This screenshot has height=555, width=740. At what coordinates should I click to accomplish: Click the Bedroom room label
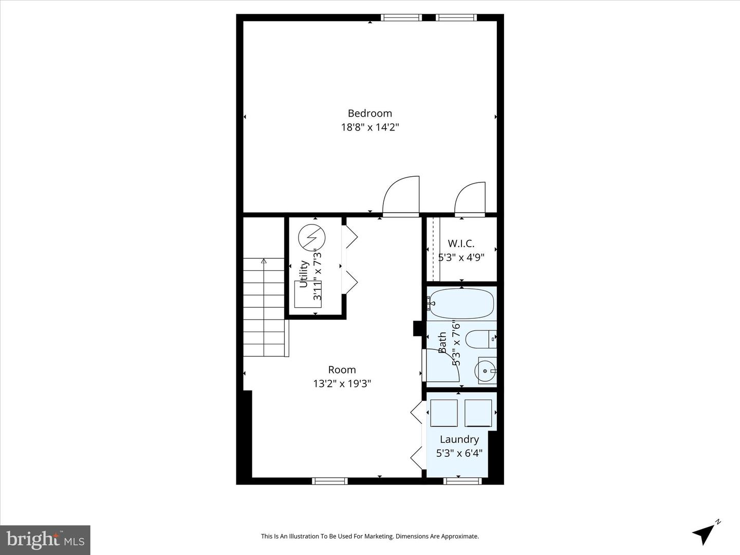[369, 114]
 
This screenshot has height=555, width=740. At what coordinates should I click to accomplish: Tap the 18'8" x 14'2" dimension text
[369, 127]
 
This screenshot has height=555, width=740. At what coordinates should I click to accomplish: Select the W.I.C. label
[461, 244]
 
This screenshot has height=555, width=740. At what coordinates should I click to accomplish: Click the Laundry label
[459, 439]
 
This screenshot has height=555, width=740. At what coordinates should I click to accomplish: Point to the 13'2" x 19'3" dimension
[342, 383]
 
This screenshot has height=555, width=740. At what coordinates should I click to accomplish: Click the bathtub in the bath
[461, 304]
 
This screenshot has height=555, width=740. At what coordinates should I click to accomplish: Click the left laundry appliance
[443, 413]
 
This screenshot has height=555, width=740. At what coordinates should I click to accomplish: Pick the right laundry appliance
[478, 413]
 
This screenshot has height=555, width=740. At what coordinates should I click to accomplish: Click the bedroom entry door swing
[402, 196]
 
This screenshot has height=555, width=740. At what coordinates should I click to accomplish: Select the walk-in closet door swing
[470, 198]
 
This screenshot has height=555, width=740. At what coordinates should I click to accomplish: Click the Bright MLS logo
[45, 540]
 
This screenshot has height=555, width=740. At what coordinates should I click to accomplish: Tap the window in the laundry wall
[462, 481]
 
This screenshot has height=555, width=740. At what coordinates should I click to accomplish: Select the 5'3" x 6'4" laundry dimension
[459, 453]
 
